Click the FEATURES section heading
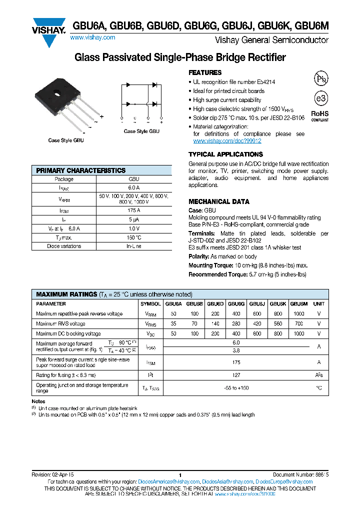[205, 72]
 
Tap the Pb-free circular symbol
[320, 78]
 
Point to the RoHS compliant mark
[320, 115]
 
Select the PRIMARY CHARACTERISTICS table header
[81, 170]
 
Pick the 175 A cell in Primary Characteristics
[133, 211]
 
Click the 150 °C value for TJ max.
[133, 237]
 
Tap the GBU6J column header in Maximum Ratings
[257, 303]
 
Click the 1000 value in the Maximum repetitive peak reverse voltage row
[298, 313]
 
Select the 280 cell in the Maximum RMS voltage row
[236, 323]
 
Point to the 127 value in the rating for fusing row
[236, 374]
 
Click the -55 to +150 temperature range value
[236, 387]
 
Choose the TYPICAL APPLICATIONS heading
[225, 154]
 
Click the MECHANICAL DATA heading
[218, 201]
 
